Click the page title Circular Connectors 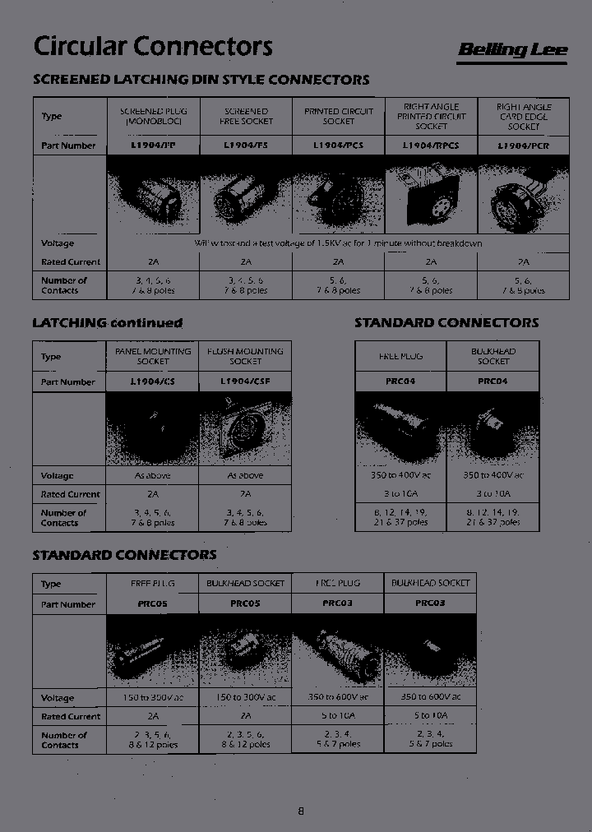click(x=152, y=47)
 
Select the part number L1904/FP click(x=153, y=146)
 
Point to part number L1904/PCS click(x=338, y=146)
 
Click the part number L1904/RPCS click(x=431, y=146)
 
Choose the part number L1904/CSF click(x=245, y=382)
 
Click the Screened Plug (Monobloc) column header click(x=153, y=116)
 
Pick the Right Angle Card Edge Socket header click(x=524, y=116)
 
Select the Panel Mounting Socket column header click(x=153, y=356)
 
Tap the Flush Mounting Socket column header click(x=245, y=356)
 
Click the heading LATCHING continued click(x=107, y=323)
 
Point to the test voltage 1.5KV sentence click(x=338, y=243)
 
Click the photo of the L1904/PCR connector click(x=524, y=197)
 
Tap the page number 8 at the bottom click(x=300, y=811)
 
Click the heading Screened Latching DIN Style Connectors click(x=201, y=80)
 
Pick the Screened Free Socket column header click(x=245, y=116)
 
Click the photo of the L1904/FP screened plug click(x=153, y=197)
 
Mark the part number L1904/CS click(x=153, y=382)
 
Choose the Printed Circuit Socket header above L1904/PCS click(x=338, y=116)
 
